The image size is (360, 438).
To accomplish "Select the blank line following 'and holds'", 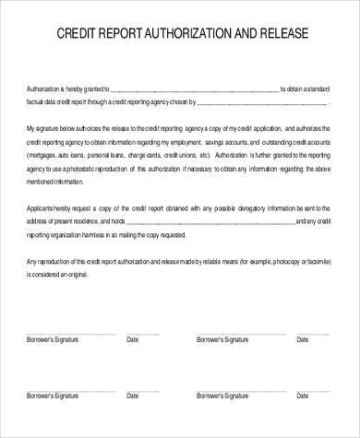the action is coord(208,221).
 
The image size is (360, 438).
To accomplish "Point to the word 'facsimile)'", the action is coord(315,260).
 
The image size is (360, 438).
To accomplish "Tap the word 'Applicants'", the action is coord(45,208).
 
